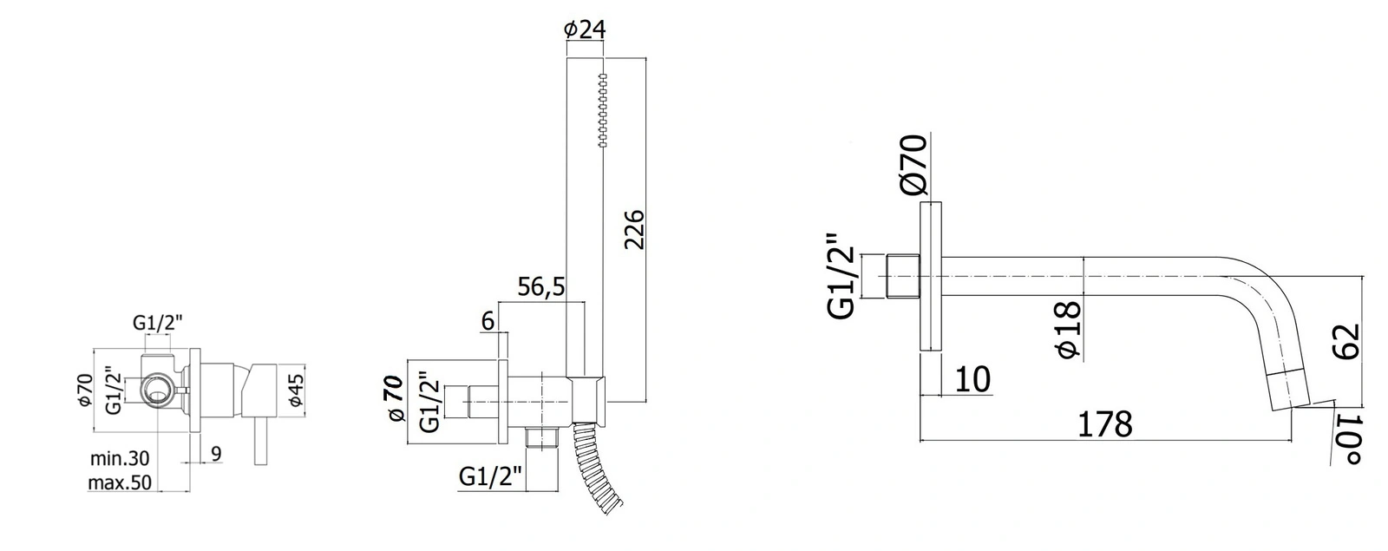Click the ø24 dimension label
(x=585, y=30)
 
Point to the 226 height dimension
(x=634, y=230)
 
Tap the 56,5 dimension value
(x=541, y=287)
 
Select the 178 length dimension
(x=1105, y=424)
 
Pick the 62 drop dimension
(x=1345, y=342)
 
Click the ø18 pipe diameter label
(x=1068, y=330)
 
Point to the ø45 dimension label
(x=296, y=390)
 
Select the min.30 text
(x=120, y=459)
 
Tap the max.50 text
(x=120, y=482)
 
